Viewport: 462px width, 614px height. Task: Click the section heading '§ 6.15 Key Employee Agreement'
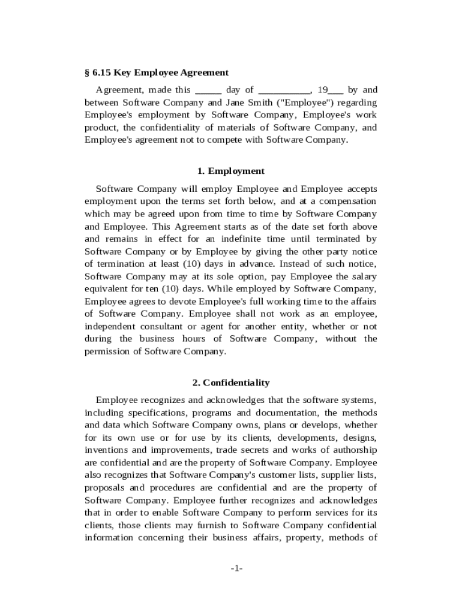[x=157, y=73]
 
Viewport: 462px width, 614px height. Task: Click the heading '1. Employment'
[x=231, y=171]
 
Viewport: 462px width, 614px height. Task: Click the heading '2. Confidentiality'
[x=231, y=383]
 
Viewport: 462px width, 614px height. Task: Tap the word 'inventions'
[x=107, y=450]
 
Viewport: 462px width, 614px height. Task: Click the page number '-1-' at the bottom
[x=236, y=568]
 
